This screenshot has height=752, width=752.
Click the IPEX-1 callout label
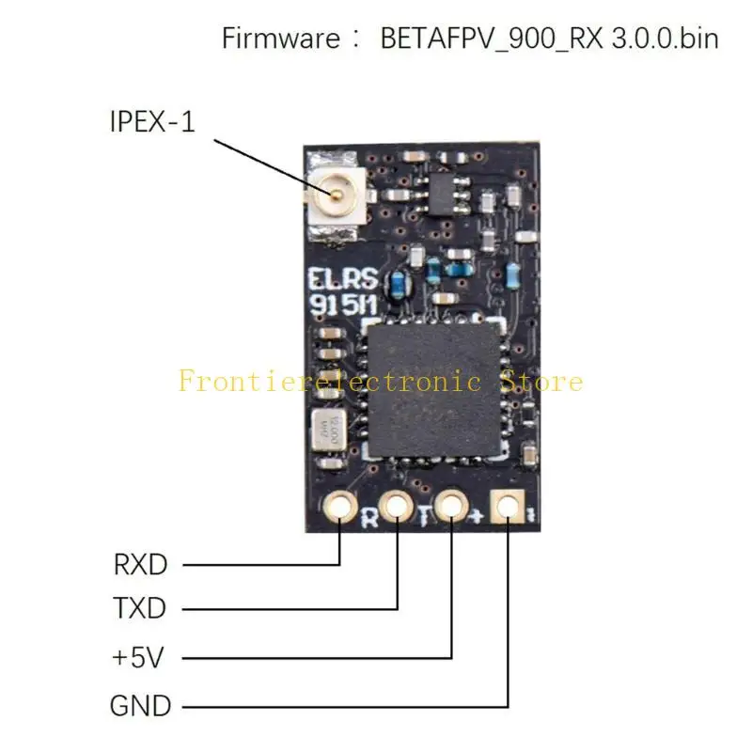[152, 121]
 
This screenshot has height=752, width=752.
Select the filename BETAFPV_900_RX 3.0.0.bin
[549, 39]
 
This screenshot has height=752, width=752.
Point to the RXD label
[140, 565]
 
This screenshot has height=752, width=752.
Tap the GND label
[140, 705]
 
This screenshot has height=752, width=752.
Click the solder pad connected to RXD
[339, 508]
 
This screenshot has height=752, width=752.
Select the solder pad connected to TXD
[397, 508]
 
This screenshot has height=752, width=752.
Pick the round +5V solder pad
[452, 506]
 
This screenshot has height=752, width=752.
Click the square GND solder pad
[509, 506]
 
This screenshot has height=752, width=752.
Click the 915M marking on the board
[340, 305]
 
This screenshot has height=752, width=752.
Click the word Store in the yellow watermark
[547, 382]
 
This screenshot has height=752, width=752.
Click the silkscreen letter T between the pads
[424, 515]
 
